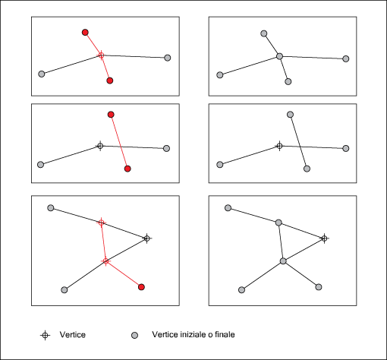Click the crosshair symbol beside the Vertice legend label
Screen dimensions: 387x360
tap(45, 335)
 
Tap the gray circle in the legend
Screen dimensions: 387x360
tap(134, 336)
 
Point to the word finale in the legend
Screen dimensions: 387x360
tap(225, 334)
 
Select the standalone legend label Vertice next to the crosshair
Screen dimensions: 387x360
tap(73, 335)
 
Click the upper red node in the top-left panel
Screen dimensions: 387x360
tap(85, 33)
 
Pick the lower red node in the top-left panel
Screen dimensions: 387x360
tap(110, 81)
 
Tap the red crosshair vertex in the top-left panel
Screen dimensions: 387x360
tap(101, 55)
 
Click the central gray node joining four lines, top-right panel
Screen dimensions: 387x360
tap(279, 56)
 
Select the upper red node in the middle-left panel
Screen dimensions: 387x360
tap(111, 115)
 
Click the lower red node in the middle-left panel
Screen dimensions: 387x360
tap(127, 169)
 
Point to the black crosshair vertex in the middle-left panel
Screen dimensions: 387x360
tap(100, 146)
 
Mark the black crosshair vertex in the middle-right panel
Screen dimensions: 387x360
tap(279, 146)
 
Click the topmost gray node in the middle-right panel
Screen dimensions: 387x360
tap(291, 115)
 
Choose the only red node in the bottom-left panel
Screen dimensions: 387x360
tap(141, 287)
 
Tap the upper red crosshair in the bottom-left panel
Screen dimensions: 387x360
tap(101, 223)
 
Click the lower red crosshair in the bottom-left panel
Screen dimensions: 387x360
tap(105, 261)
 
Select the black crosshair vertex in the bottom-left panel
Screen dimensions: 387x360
tap(147, 238)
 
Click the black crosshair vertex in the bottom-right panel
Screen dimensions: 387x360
tap(324, 238)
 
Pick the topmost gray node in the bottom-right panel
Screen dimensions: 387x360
tap(228, 208)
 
